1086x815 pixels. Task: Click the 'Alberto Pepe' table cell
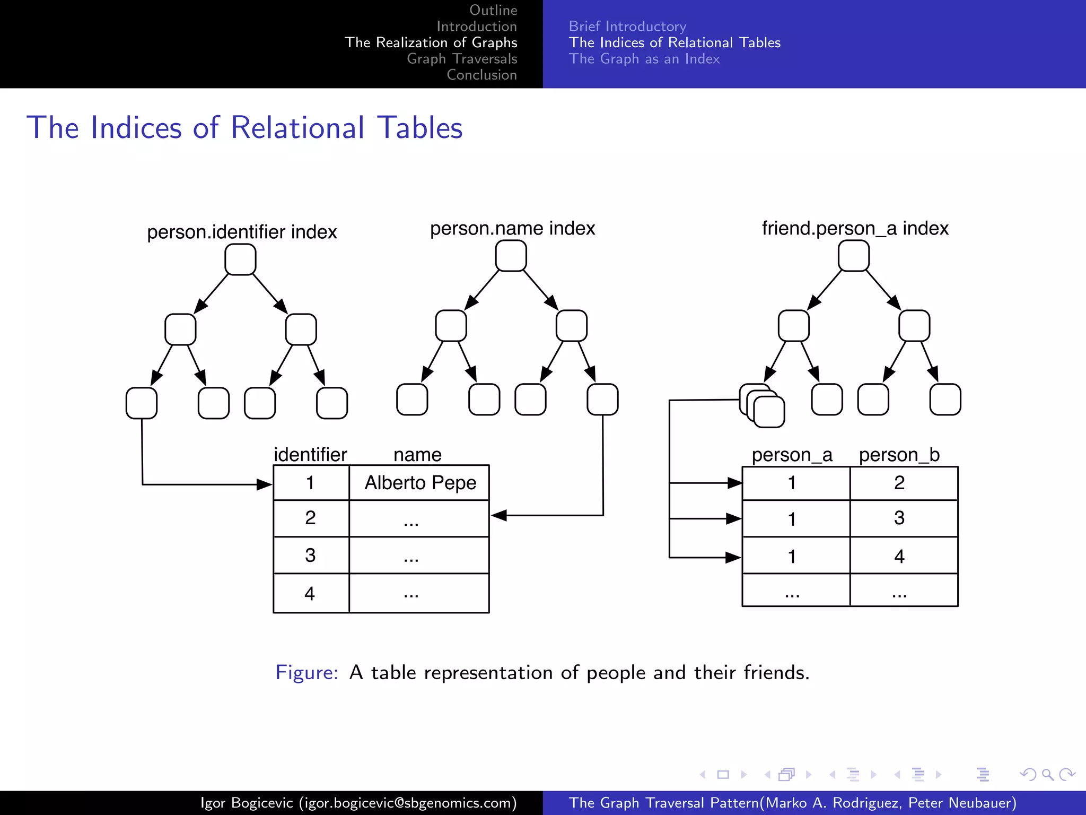coord(420,483)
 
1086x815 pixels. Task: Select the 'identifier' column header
coord(310,455)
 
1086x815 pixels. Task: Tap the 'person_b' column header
coord(899,455)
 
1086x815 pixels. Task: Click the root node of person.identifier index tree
coord(240,259)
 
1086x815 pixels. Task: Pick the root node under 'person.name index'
coord(511,256)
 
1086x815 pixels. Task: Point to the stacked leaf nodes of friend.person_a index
coord(762,406)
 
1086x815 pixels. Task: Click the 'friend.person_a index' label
coord(855,228)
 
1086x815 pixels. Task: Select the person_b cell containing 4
coord(899,556)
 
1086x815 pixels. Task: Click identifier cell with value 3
coord(310,555)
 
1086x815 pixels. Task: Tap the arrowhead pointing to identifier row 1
coord(265,484)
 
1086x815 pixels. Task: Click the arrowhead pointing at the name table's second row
coord(498,515)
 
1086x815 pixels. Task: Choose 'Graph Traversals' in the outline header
coord(462,59)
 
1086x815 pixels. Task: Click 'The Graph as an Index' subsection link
coord(644,59)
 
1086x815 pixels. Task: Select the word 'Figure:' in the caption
coord(306,672)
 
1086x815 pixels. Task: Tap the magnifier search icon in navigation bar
coord(1047,775)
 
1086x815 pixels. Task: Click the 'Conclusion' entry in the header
coord(481,75)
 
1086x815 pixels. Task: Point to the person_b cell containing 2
coord(899,483)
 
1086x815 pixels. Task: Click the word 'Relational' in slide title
coord(297,128)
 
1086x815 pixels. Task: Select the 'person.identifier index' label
coord(242,232)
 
